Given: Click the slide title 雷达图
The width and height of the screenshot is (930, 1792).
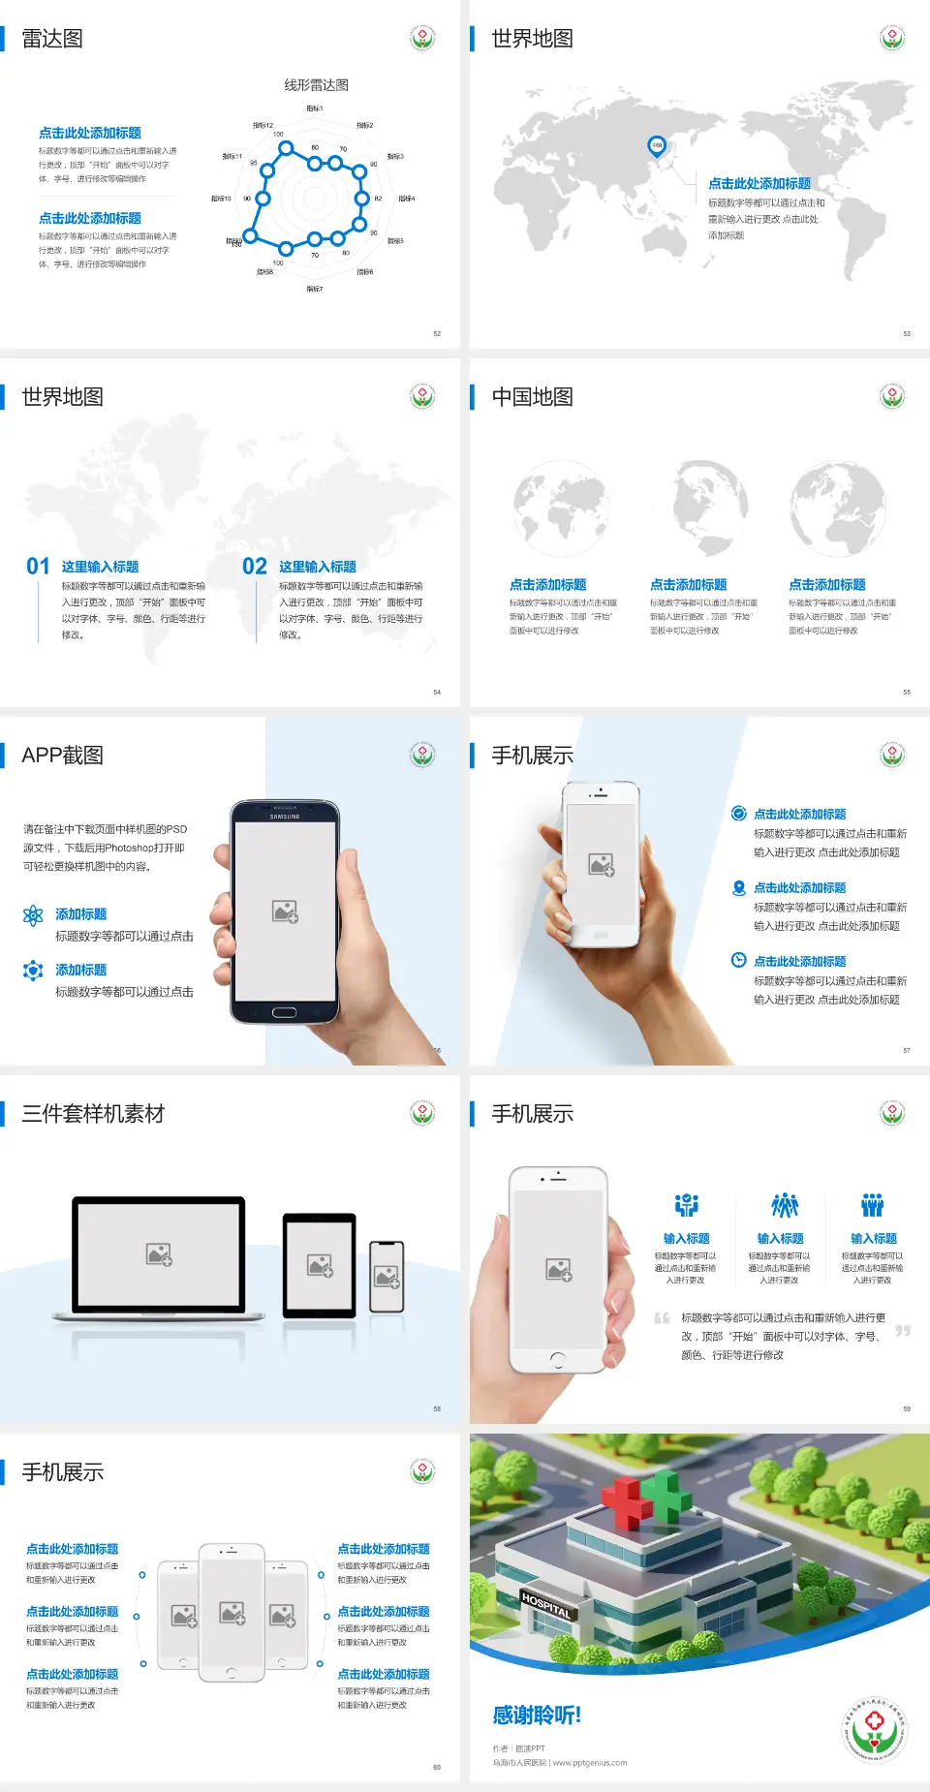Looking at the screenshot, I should click(52, 39).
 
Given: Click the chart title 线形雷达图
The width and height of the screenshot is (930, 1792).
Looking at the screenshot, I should click(316, 85).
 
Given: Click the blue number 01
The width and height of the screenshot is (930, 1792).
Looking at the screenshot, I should click(38, 567).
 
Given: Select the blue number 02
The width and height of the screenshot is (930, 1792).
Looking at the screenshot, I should click(255, 567).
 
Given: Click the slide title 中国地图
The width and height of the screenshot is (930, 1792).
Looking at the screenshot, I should click(532, 397).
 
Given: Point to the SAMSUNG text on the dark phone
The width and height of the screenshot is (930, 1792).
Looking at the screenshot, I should click(285, 817).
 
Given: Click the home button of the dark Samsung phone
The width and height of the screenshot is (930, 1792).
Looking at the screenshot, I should click(284, 1012).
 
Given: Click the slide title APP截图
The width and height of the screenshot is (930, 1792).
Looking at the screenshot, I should click(62, 756).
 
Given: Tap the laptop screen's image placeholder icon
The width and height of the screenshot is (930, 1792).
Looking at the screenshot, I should click(159, 1254).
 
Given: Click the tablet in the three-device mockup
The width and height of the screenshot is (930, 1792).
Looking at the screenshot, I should click(320, 1265).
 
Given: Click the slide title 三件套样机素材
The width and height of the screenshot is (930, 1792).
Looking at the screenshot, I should click(93, 1114).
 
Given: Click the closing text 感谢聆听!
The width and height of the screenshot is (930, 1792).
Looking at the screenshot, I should click(537, 1715).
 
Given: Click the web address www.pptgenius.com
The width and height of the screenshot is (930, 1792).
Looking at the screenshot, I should click(590, 1763).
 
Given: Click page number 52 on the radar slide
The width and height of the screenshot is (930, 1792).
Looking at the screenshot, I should click(437, 334).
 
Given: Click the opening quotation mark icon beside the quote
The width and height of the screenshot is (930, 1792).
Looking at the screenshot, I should click(662, 1318).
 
